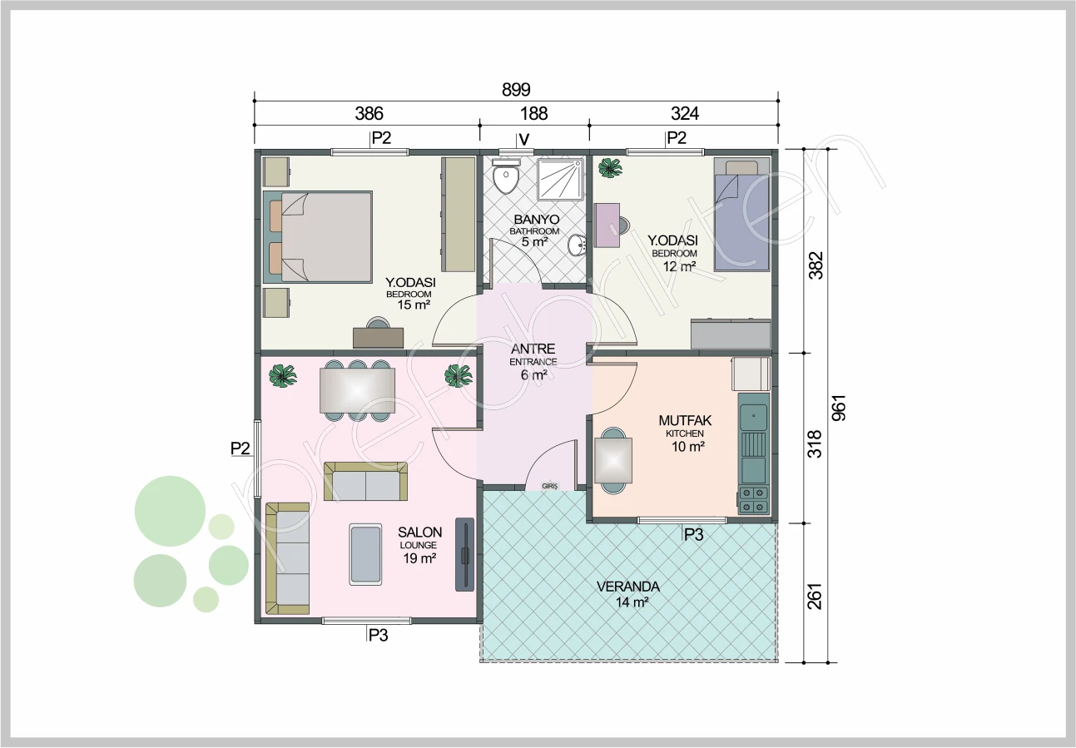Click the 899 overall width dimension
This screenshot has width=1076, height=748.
tap(516, 89)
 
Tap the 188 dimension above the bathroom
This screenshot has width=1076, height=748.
tap(533, 113)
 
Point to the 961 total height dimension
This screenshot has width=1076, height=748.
tap(838, 408)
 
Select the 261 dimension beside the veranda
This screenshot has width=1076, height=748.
tap(815, 597)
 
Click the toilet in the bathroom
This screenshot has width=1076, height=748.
tap(506, 176)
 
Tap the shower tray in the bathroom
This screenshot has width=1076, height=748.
tap(560, 179)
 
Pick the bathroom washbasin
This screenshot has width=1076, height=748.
tap(577, 245)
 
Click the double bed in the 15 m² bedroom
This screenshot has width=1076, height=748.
tap(318, 237)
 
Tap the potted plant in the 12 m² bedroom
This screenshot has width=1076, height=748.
tap(610, 169)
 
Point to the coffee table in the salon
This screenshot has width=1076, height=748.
tap(365, 554)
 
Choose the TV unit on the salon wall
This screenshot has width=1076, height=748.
tap(464, 554)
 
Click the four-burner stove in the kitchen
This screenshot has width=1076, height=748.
tap(753, 499)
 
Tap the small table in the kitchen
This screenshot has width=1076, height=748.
tap(613, 460)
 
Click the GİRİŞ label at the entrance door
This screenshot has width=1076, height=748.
tap(549, 486)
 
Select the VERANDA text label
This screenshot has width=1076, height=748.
tap(627, 587)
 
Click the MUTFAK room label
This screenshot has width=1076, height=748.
tap(685, 420)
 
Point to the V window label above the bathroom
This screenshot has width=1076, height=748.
tap(524, 140)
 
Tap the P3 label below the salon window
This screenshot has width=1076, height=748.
tap(378, 635)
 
